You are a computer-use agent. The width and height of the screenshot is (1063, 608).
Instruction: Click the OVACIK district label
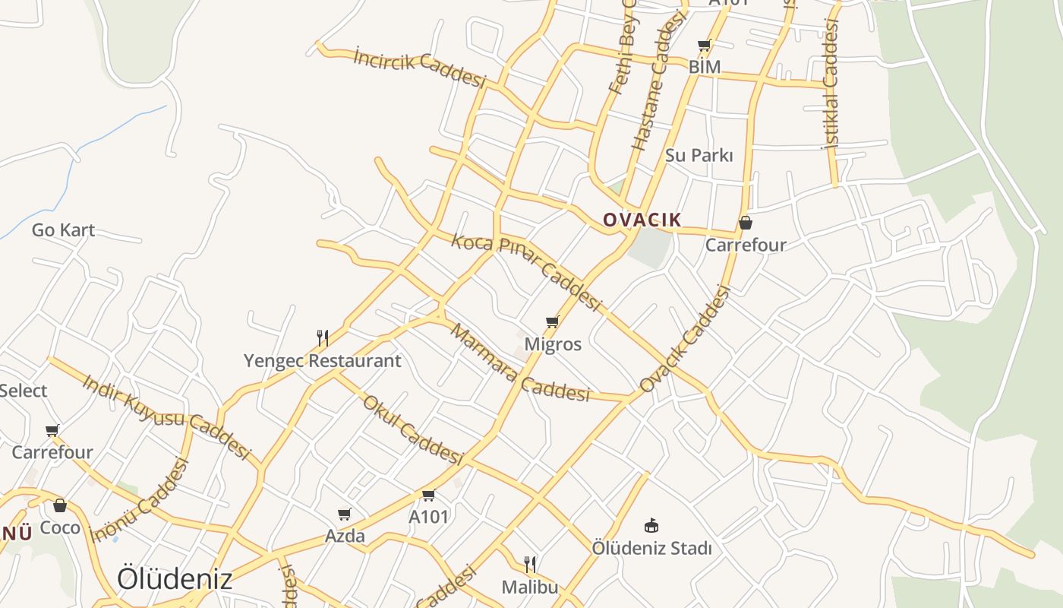click(642, 220)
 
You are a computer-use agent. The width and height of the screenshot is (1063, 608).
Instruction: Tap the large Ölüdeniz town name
click(175, 579)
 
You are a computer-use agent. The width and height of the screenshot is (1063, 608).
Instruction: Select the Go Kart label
click(63, 230)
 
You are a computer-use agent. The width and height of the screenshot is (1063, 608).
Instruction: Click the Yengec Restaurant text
click(322, 360)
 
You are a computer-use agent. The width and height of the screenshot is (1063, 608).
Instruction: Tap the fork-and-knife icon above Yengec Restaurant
click(323, 337)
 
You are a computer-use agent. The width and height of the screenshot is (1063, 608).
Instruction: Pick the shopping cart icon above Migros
click(552, 322)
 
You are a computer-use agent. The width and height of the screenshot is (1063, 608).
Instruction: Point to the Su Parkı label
click(699, 155)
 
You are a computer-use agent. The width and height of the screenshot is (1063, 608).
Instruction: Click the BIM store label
click(704, 67)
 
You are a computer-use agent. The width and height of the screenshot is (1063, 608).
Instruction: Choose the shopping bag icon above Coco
click(60, 505)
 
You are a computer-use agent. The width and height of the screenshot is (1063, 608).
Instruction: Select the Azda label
click(345, 536)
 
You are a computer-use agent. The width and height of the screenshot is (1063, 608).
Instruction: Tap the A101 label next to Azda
click(429, 517)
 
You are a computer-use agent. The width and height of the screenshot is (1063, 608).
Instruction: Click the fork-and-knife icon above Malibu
click(530, 564)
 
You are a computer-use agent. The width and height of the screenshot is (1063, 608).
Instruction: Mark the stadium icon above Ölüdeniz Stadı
click(651, 525)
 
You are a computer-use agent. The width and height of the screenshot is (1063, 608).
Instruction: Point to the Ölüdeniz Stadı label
click(651, 548)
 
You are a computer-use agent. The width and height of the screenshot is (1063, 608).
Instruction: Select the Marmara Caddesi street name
click(519, 363)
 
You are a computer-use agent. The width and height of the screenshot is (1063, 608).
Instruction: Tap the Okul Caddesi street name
click(412, 429)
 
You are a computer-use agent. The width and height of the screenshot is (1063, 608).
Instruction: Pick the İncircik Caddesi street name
click(419, 67)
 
